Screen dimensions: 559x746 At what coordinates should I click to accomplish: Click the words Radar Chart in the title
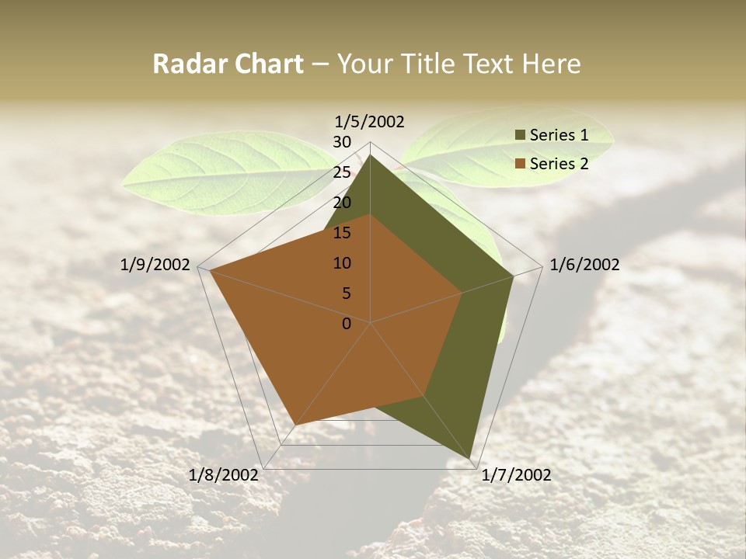pos(228,64)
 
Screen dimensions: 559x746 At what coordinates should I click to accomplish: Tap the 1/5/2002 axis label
pos(369,121)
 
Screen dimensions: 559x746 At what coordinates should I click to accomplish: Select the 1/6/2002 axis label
pos(584,265)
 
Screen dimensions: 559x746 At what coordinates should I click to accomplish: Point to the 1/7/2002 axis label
pos(516,475)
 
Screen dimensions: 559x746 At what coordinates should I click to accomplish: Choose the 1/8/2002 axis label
pos(224,475)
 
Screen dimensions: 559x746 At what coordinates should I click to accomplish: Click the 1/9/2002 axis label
pos(155,265)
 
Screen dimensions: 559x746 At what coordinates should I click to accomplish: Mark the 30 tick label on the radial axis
pos(342,142)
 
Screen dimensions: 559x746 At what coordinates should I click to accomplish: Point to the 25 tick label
pos(342,172)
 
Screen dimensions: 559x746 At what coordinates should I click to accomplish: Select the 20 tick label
pos(342,203)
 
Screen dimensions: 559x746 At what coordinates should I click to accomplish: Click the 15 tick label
pos(342,233)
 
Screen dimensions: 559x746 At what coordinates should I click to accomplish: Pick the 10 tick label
pos(342,263)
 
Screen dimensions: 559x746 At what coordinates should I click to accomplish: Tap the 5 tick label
pos(347,293)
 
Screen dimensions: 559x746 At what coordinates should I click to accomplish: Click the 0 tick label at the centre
pos(347,324)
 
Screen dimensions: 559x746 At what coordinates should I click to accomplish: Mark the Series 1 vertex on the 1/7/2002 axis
pos(471,458)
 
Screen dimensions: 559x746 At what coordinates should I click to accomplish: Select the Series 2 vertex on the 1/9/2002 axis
pos(211,271)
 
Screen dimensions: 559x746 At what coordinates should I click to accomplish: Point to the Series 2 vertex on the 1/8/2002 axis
pos(296,425)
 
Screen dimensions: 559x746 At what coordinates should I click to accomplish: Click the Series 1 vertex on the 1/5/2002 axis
pos(371,155)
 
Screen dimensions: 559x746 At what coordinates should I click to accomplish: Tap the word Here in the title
pos(552,64)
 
